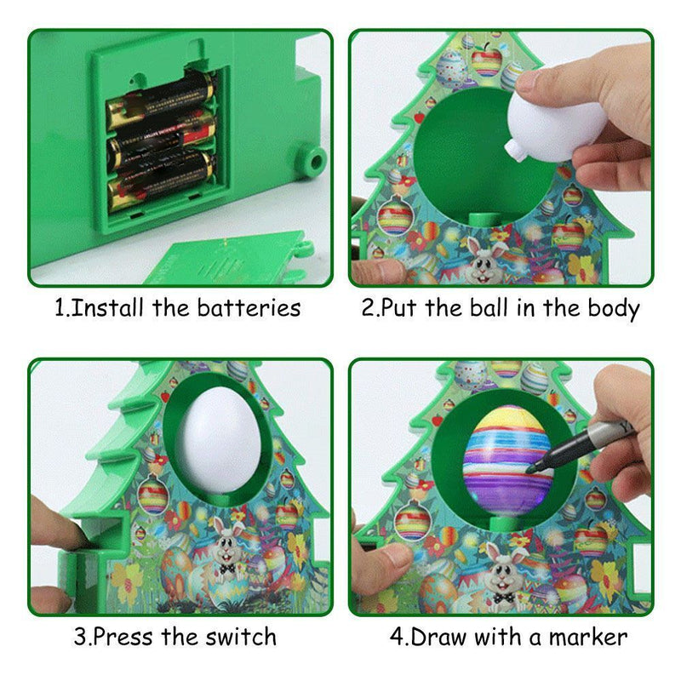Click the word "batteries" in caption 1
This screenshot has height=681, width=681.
[x=249, y=308]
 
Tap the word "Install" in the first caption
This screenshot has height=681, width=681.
[x=106, y=308]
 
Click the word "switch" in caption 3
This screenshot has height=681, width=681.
[x=241, y=637]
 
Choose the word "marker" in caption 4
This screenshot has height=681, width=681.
[x=588, y=637]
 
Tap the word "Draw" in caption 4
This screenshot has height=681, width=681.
[x=439, y=637]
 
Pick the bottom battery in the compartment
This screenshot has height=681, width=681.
[x=161, y=180]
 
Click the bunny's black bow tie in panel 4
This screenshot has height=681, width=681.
[x=504, y=598]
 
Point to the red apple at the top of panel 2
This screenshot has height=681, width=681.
[x=486, y=60]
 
